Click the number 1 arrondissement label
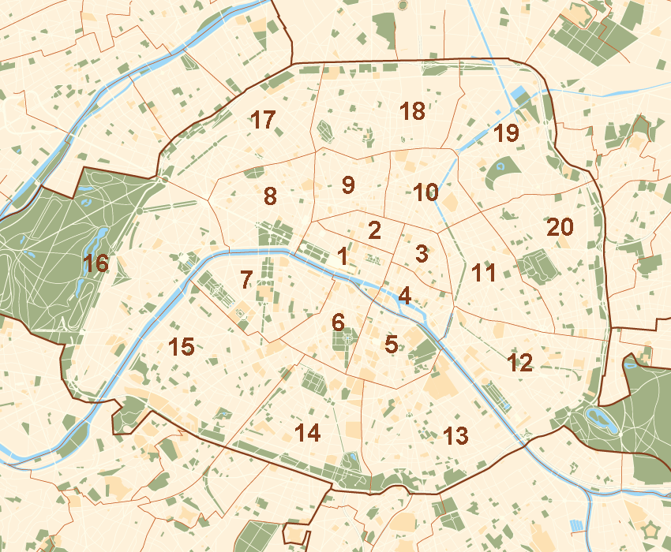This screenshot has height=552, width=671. (x=342, y=256)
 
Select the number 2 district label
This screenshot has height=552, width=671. (x=375, y=231)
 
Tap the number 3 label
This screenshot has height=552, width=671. (x=422, y=254)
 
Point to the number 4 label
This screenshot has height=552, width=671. (x=404, y=297)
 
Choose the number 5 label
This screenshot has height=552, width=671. (x=391, y=344)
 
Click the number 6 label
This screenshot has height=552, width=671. (x=338, y=322)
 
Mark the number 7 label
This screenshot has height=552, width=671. (x=246, y=279)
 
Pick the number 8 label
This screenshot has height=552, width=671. (x=270, y=196)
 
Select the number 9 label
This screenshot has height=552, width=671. (x=348, y=185)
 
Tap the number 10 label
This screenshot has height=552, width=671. (x=425, y=192)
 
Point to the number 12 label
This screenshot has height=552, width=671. (x=520, y=363)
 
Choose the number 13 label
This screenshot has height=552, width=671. (x=455, y=435)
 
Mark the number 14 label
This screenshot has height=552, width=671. (x=307, y=432)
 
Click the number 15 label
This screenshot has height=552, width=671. (x=182, y=346)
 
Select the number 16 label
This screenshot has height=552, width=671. (x=96, y=263)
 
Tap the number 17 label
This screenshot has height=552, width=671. (x=263, y=121)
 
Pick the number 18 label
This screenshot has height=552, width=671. (x=412, y=111)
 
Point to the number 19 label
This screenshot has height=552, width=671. (x=506, y=134)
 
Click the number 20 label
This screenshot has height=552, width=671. (x=560, y=227)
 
